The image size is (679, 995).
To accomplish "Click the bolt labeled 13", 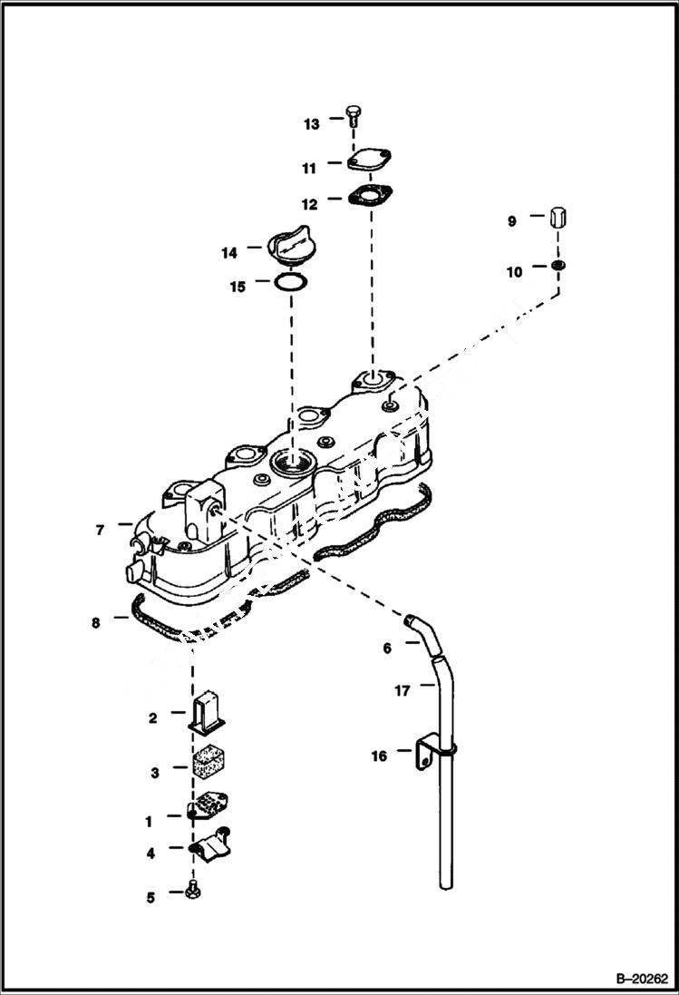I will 354,116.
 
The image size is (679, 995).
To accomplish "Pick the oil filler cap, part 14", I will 290,249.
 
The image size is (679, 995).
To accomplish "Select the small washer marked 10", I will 559,265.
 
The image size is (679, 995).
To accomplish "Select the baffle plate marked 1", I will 209,806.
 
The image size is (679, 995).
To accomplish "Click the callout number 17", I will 403,690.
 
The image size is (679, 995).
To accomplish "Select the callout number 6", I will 387,648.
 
